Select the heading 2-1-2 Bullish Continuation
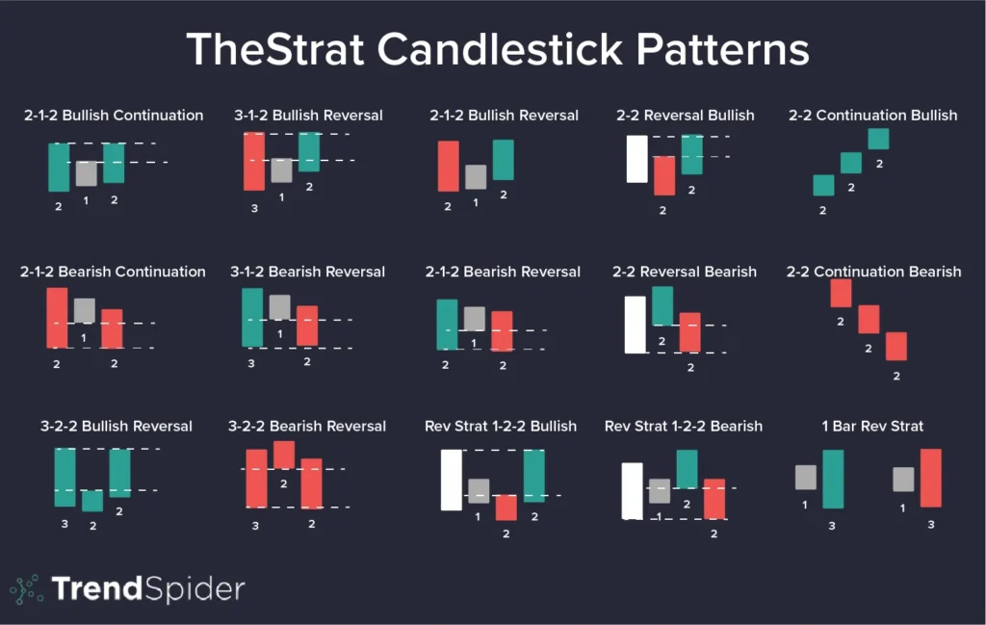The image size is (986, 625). [114, 116]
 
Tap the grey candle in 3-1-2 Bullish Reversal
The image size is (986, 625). [281, 170]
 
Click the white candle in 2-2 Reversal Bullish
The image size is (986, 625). [636, 159]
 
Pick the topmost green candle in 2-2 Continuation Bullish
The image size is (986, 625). [878, 139]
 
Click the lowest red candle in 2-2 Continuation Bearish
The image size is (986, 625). [896, 346]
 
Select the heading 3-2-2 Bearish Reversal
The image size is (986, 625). [307, 426]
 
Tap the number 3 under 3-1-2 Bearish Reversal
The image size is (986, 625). [252, 363]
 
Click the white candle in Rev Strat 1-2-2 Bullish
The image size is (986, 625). [452, 480]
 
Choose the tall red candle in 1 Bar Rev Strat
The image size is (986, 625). [930, 478]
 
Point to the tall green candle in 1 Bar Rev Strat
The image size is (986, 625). [834, 479]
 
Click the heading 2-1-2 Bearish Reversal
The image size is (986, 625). [503, 272]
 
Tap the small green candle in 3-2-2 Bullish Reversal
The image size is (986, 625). [92, 501]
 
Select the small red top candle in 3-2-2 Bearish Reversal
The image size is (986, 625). [284, 455]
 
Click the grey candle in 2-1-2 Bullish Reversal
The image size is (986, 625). [476, 177]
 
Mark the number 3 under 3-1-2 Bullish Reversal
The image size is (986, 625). [254, 207]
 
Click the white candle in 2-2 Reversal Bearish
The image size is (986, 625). [635, 325]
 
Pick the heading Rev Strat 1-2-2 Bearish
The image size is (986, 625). [683, 426]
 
